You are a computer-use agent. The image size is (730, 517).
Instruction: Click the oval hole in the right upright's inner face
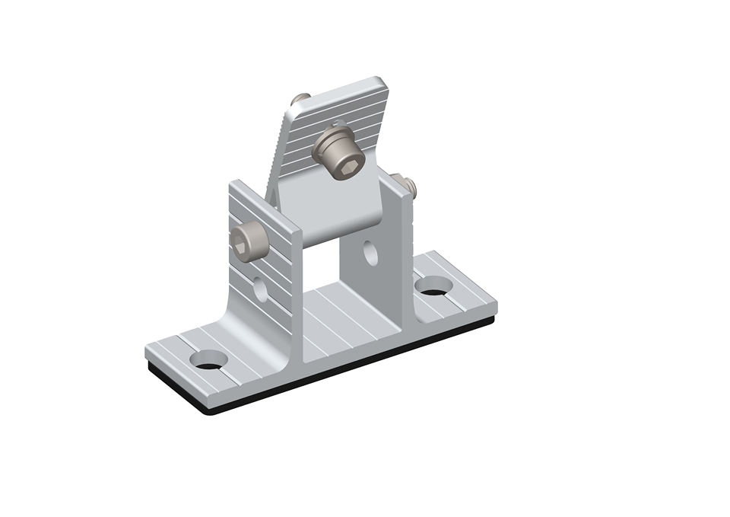click(370, 253)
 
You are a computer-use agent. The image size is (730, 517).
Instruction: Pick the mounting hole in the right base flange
click(433, 286)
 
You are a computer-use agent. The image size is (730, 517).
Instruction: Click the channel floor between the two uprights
click(335, 320)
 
